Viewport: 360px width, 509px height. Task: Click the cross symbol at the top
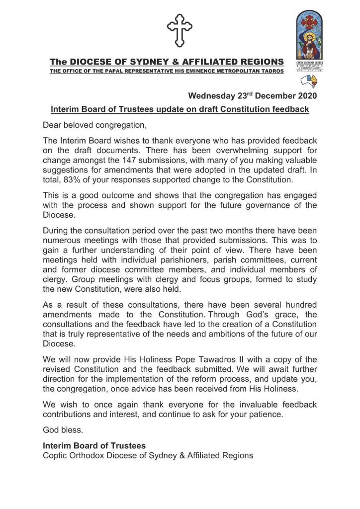coord(180,30)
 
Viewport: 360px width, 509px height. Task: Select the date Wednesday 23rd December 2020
coord(252,95)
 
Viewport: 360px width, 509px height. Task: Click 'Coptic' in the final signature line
coord(55,455)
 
